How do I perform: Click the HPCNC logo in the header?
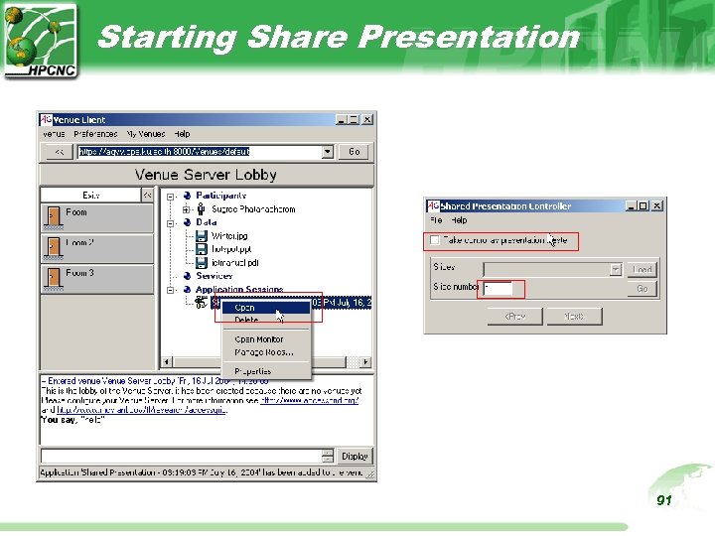40,39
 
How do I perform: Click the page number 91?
664,500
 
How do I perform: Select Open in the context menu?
245,308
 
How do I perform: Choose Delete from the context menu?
246,320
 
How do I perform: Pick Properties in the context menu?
252,371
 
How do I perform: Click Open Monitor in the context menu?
258,339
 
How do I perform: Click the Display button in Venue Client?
355,457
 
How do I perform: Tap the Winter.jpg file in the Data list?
229,236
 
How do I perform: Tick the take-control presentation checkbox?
433,240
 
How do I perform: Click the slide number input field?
499,289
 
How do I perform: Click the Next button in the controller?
574,316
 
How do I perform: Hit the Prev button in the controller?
514,316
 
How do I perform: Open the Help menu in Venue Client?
182,134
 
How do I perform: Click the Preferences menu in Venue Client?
95,134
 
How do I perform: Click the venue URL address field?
199,152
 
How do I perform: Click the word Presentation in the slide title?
468,37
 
